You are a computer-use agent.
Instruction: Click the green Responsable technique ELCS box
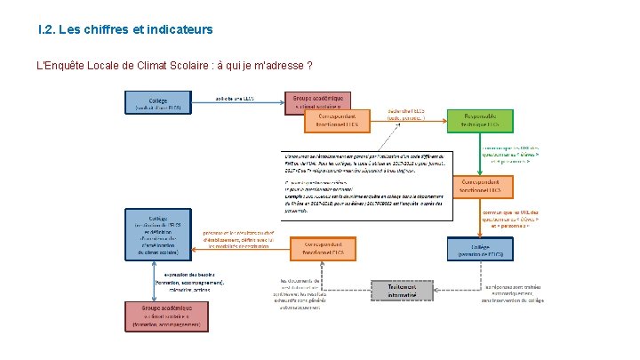(480, 121)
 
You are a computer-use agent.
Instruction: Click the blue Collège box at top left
(156, 103)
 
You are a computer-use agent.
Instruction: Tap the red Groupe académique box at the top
(317, 101)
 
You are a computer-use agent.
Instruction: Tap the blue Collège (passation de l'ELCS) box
(480, 248)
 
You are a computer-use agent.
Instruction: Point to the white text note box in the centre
(364, 182)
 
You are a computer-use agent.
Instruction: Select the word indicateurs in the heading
(180, 30)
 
